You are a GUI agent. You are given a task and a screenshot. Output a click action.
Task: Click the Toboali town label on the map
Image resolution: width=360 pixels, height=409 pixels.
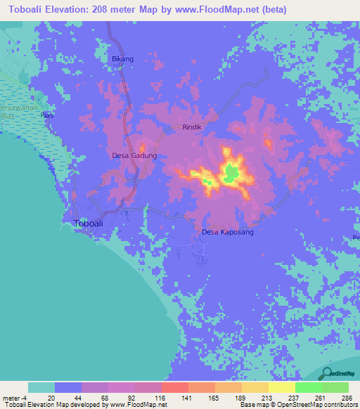coord(91,223)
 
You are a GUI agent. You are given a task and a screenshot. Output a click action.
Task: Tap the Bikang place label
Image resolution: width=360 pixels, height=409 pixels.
coord(122,59)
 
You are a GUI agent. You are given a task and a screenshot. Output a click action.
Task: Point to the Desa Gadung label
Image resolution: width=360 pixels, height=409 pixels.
coord(134,156)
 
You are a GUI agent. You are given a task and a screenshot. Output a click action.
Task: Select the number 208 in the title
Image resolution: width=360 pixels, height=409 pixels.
coord(113,11)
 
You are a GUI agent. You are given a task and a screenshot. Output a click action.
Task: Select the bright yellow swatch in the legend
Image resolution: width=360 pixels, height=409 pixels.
coord(281,387)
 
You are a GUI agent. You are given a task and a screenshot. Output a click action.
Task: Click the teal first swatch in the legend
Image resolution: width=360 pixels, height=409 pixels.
coord(41,387)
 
